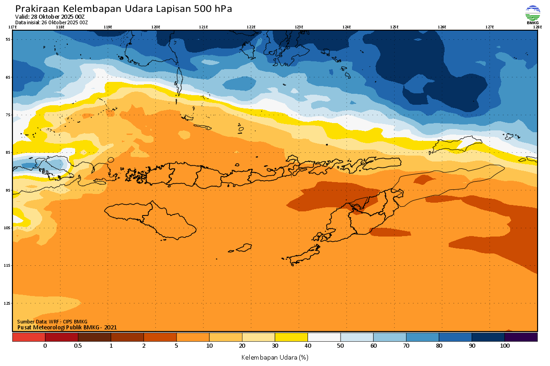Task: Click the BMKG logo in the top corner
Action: [532, 14]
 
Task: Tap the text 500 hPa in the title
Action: [215, 9]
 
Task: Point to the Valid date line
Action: [50, 17]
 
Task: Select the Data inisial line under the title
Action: [51, 22]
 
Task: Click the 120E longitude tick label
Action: [156, 27]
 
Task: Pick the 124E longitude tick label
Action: [346, 27]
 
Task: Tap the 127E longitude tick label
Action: [489, 27]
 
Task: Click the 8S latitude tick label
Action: [8, 152]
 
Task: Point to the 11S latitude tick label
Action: [8, 265]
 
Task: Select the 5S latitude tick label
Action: [8, 39]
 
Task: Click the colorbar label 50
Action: [341, 346]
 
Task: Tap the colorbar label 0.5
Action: [78, 346]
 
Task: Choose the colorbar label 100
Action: [505, 346]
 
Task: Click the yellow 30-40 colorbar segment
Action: [291, 337]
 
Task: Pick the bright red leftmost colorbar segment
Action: [28, 337]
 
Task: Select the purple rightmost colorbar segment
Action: [521, 337]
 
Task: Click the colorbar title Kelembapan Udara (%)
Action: [275, 357]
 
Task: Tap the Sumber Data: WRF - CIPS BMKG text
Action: [52, 322]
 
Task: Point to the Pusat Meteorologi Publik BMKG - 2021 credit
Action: [67, 327]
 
